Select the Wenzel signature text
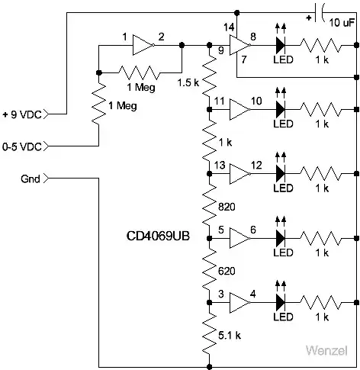point(328,352)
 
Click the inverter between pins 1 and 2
point(142,45)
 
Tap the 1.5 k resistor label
point(188,82)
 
